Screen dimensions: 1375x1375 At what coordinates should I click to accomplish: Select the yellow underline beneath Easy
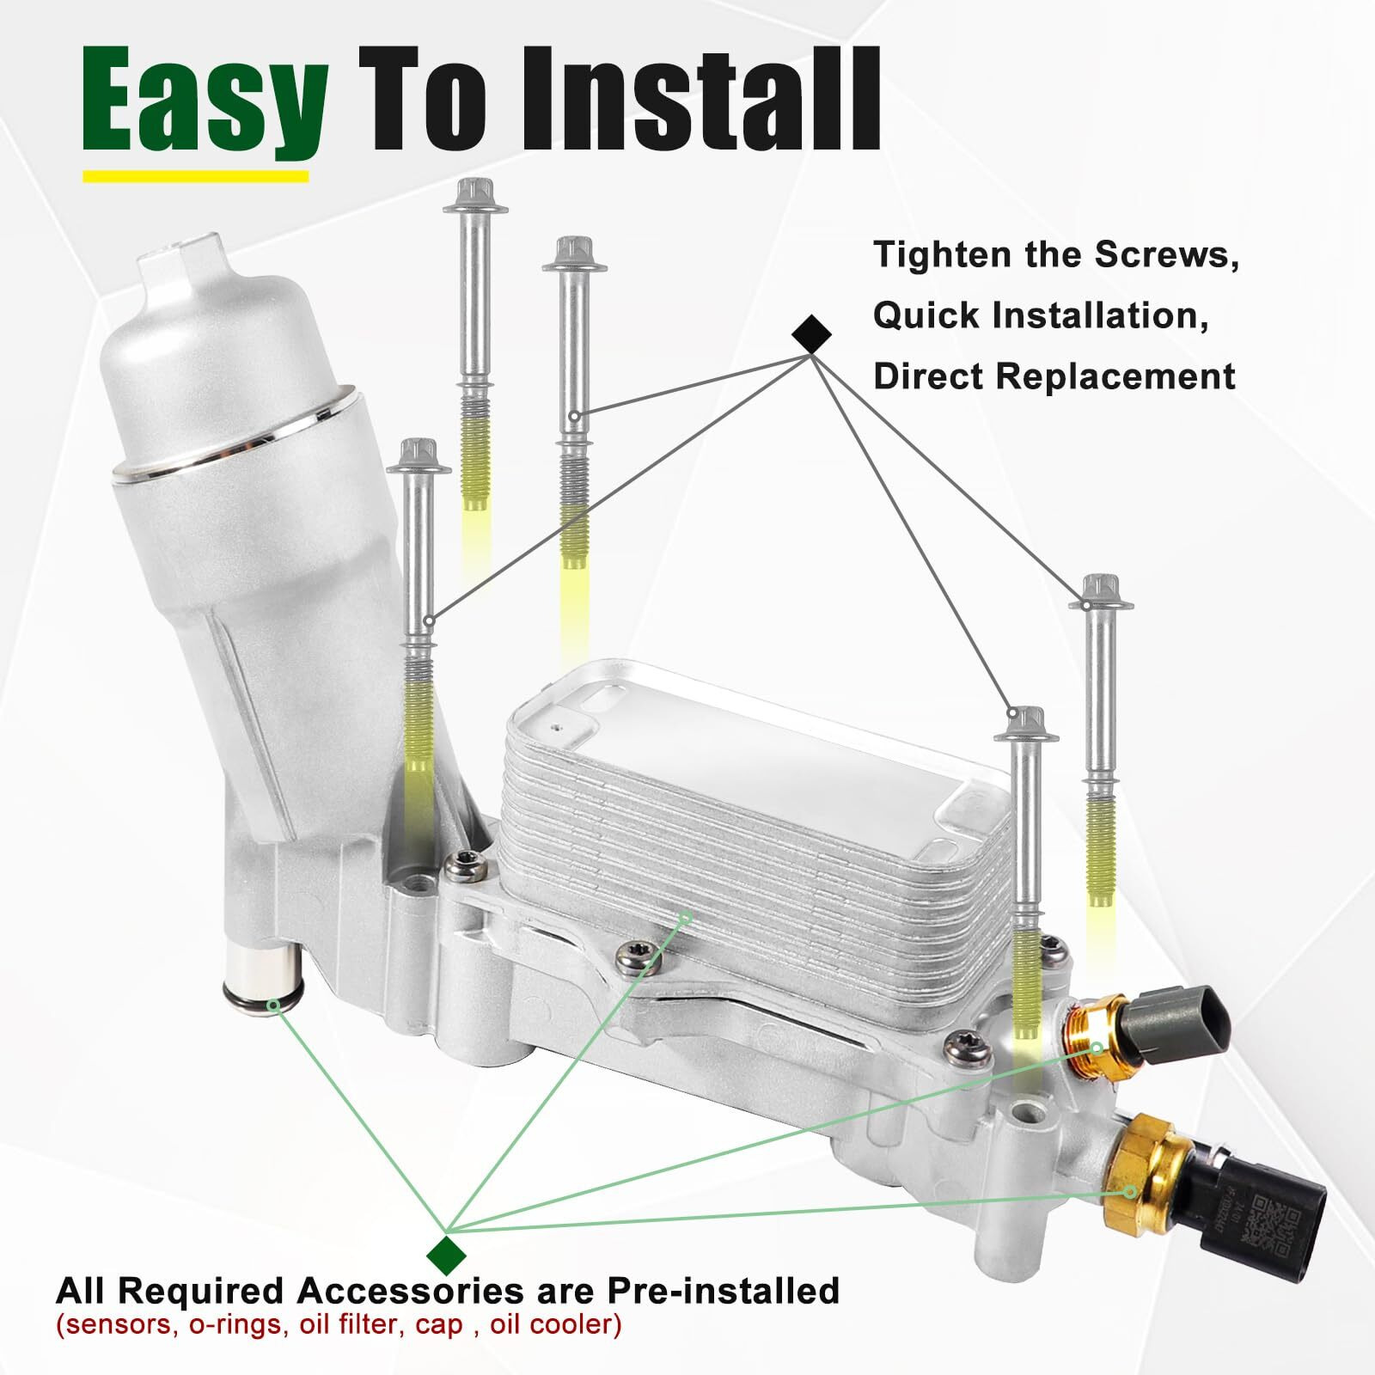(195, 176)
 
